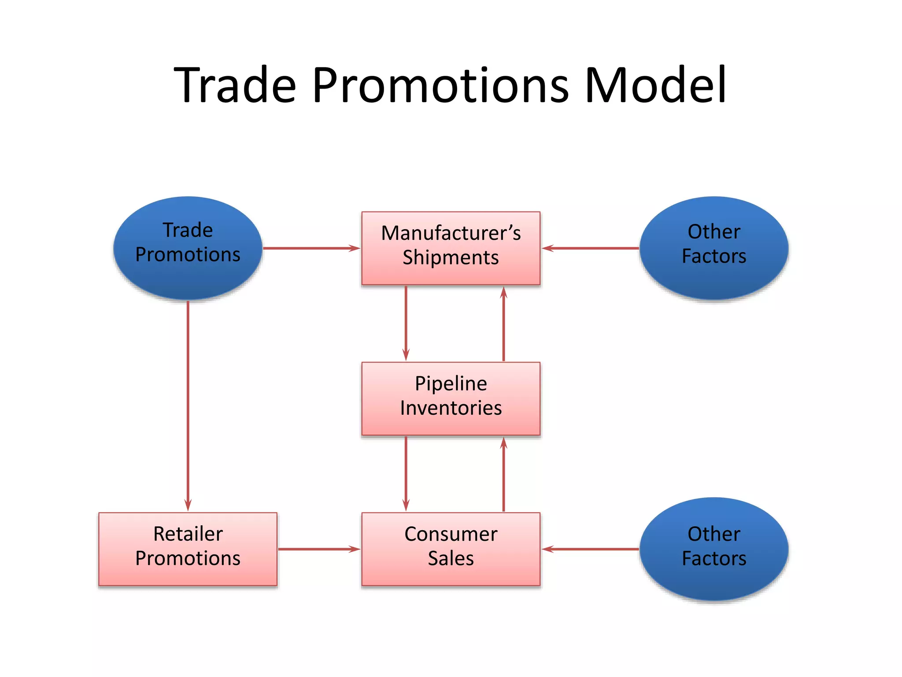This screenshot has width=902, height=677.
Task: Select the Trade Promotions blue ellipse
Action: click(x=188, y=248)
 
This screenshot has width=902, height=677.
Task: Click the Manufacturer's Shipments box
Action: click(x=451, y=248)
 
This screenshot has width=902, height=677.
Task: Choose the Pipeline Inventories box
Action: click(x=451, y=398)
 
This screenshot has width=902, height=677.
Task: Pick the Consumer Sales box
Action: click(x=451, y=549)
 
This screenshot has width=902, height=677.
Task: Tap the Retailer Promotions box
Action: click(x=188, y=549)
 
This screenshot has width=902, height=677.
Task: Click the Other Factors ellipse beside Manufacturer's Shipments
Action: click(x=713, y=248)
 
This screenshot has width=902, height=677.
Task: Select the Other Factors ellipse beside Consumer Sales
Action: click(x=713, y=549)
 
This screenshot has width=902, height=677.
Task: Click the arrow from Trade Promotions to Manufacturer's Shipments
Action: click(x=312, y=248)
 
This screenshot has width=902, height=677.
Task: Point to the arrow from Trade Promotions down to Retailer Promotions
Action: click(x=188, y=405)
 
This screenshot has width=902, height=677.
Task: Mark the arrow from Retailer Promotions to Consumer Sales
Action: click(x=319, y=549)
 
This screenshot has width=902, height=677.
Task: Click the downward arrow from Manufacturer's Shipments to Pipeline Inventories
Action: click(x=406, y=323)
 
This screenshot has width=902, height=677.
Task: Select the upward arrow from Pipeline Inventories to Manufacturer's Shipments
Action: click(x=503, y=323)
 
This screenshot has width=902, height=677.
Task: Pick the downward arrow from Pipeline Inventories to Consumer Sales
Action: click(x=406, y=474)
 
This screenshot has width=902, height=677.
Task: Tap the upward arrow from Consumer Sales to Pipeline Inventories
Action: click(x=503, y=474)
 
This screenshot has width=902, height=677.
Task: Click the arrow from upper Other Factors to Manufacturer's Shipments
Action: click(x=590, y=248)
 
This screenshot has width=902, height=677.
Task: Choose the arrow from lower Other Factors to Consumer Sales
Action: click(x=590, y=549)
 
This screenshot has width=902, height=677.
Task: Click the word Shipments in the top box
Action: click(x=451, y=258)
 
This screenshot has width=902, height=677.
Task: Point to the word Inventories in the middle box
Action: click(x=451, y=408)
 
